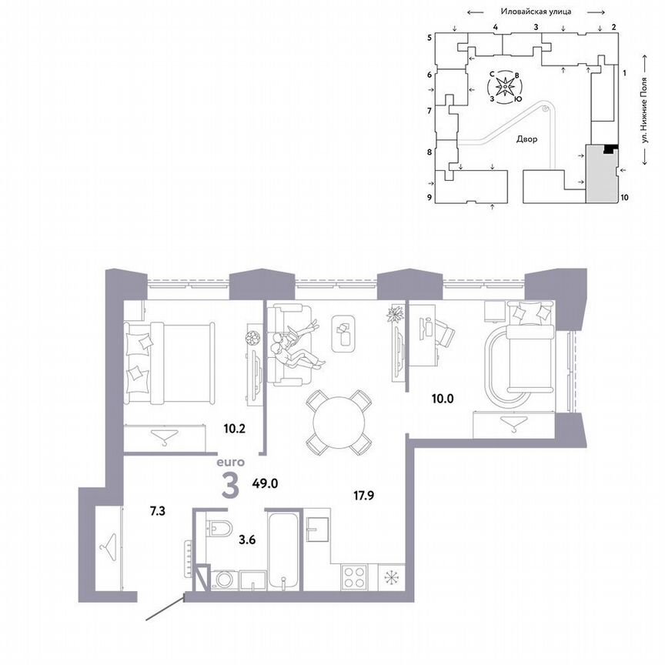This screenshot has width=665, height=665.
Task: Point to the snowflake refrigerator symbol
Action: [x=391, y=577]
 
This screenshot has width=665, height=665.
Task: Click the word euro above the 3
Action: [x=230, y=463]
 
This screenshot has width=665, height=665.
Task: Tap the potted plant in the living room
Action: [x=396, y=313]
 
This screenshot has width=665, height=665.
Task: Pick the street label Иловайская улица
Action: [x=535, y=12]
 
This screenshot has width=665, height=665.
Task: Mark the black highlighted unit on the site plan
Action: [x=610, y=149]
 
